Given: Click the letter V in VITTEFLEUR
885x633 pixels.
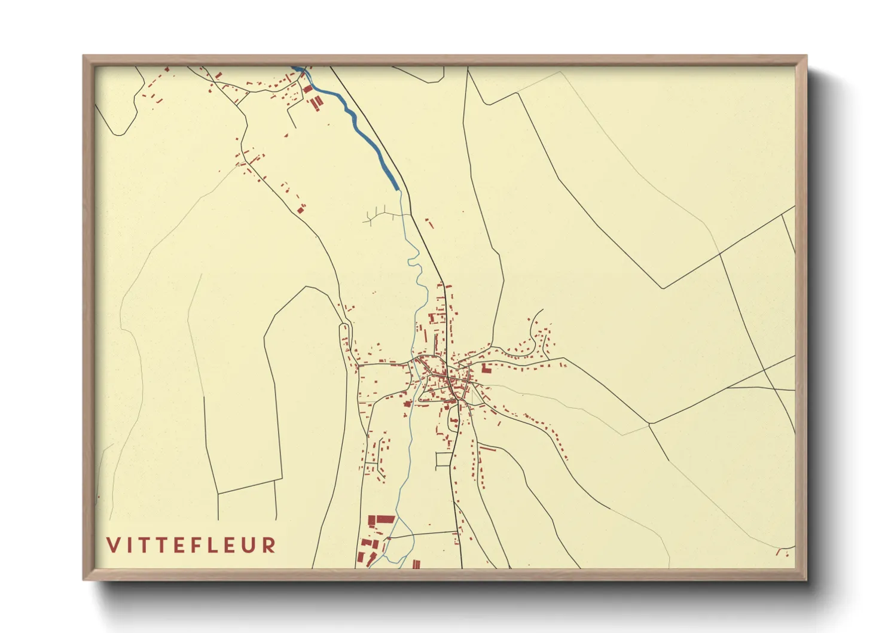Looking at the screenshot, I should pyautogui.click(x=113, y=545).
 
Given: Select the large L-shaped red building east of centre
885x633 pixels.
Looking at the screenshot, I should pyautogui.click(x=486, y=367).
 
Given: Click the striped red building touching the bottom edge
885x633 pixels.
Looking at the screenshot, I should pyautogui.click(x=416, y=564).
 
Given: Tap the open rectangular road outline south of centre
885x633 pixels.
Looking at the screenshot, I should pyautogui.click(x=444, y=460).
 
